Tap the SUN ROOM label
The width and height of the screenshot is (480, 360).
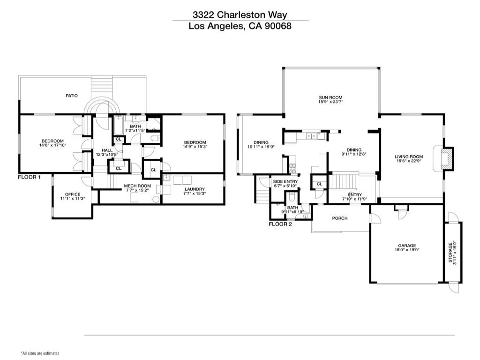328,98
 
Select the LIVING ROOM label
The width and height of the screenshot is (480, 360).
409,157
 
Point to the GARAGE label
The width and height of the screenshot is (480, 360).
407,245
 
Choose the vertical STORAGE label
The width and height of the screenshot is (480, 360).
450,252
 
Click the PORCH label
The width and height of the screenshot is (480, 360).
340,218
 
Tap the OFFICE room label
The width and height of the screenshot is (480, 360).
73,194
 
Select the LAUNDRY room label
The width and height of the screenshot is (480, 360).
194,189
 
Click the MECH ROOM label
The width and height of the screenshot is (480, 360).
137,186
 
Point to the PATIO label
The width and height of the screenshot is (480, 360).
71,96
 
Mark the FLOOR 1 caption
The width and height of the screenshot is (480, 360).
30,177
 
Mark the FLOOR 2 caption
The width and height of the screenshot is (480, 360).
280,224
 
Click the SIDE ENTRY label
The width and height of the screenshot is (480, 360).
285,181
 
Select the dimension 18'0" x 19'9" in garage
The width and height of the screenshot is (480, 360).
407,250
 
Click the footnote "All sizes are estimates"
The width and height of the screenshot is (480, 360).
40,353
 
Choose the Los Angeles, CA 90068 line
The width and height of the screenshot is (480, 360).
240,26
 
